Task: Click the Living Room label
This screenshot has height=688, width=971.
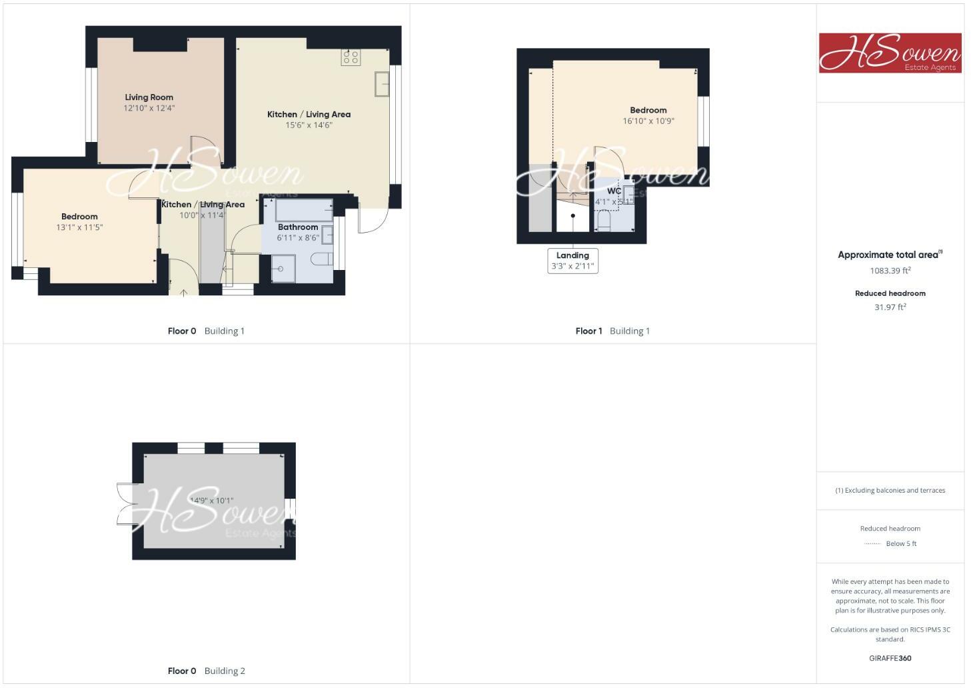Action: [149, 97]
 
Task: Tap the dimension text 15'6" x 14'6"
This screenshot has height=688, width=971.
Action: [309, 125]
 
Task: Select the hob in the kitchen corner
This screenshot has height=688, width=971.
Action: [351, 57]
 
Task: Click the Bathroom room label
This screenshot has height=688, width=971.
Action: [298, 227]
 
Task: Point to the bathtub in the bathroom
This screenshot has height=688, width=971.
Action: [303, 209]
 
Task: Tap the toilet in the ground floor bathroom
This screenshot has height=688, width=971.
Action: [323, 259]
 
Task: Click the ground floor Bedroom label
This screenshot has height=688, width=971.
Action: [79, 217]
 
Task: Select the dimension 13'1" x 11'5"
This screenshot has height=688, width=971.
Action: [79, 227]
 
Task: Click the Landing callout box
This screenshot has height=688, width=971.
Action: [572, 261]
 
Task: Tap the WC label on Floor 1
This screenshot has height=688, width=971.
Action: [614, 191]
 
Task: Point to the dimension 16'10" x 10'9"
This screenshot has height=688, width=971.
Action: [648, 121]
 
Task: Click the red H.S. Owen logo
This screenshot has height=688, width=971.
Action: [890, 53]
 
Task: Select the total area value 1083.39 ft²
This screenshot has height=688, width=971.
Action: [890, 271]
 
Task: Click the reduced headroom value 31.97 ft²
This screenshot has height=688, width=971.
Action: [890, 307]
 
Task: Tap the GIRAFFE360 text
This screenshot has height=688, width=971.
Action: [890, 658]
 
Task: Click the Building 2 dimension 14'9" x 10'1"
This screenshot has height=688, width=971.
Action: [212, 501]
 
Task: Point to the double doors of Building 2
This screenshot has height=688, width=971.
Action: [125, 504]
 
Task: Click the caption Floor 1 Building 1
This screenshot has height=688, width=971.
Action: [612, 331]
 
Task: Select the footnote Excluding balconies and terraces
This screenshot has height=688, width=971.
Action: [890, 490]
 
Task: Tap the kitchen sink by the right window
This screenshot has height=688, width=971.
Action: [383, 85]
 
